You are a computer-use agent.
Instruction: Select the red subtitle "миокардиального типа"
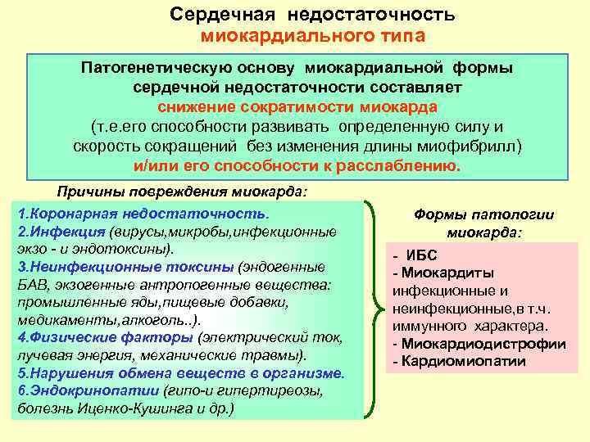click(313, 36)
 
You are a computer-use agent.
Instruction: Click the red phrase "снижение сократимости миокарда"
click(297, 107)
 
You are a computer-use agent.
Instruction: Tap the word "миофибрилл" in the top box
click(476, 146)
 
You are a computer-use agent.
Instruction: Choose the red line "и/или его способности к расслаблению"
click(297, 165)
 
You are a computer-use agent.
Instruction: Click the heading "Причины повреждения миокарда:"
click(182, 192)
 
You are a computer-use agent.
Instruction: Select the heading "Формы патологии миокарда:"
click(483, 223)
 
